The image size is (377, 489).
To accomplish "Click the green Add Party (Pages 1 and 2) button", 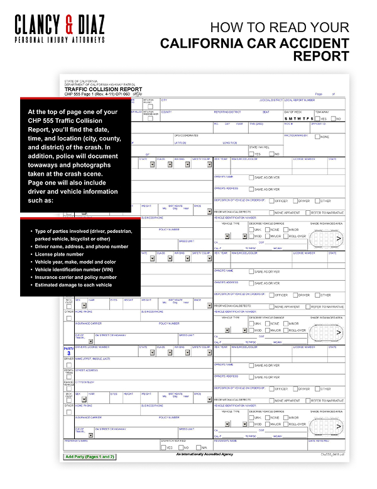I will click(x=90, y=456).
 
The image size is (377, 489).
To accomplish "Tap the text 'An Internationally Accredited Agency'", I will click(x=205, y=454).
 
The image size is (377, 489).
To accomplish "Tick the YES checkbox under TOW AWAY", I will click(x=317, y=118).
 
